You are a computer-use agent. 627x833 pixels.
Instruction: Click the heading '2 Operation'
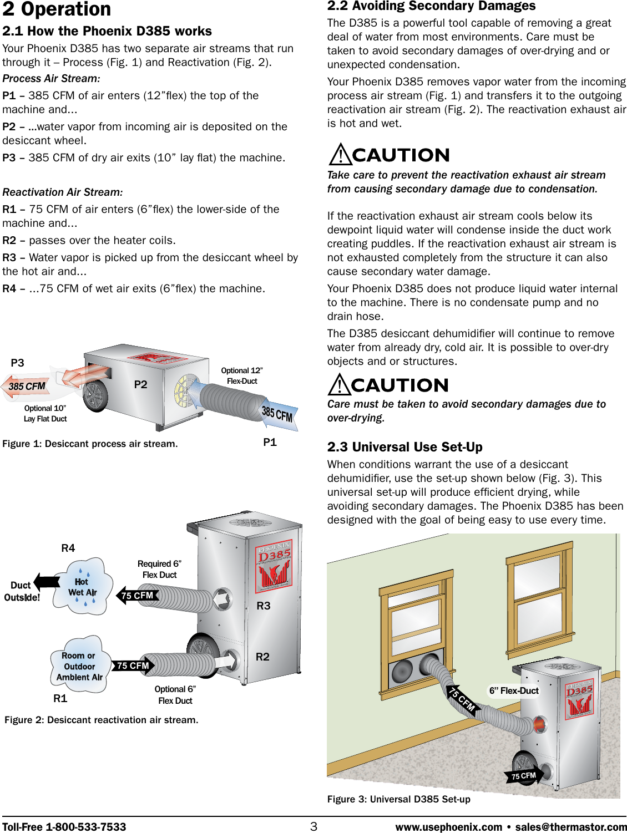coord(57,9)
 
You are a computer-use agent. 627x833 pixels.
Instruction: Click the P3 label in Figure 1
coord(18,363)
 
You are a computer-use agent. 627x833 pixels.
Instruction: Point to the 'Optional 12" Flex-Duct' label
coord(242,375)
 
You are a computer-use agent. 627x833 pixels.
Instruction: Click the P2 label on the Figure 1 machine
coord(141,384)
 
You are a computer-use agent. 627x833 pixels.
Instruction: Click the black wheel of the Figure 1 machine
coord(95,394)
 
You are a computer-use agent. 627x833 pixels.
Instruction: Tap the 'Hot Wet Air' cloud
coord(83,587)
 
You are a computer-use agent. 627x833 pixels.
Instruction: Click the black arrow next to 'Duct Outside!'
coord(48,581)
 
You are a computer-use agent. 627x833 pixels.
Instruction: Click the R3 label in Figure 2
coord(264,606)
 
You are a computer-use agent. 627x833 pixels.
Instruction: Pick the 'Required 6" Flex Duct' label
coord(159,569)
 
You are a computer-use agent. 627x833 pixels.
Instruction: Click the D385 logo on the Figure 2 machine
coord(274,565)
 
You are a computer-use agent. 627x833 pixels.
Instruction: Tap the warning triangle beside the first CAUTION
coord(339,155)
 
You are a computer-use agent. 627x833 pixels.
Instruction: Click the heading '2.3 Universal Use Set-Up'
coord(404,447)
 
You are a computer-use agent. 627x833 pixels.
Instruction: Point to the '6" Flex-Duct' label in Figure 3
coord(514,690)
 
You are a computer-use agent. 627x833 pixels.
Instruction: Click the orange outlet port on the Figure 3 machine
coord(539,724)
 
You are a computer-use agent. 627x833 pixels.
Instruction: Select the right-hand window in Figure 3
coord(539,599)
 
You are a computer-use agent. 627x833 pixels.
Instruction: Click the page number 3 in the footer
coord(313,826)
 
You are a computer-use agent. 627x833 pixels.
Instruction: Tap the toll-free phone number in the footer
coord(64,827)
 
